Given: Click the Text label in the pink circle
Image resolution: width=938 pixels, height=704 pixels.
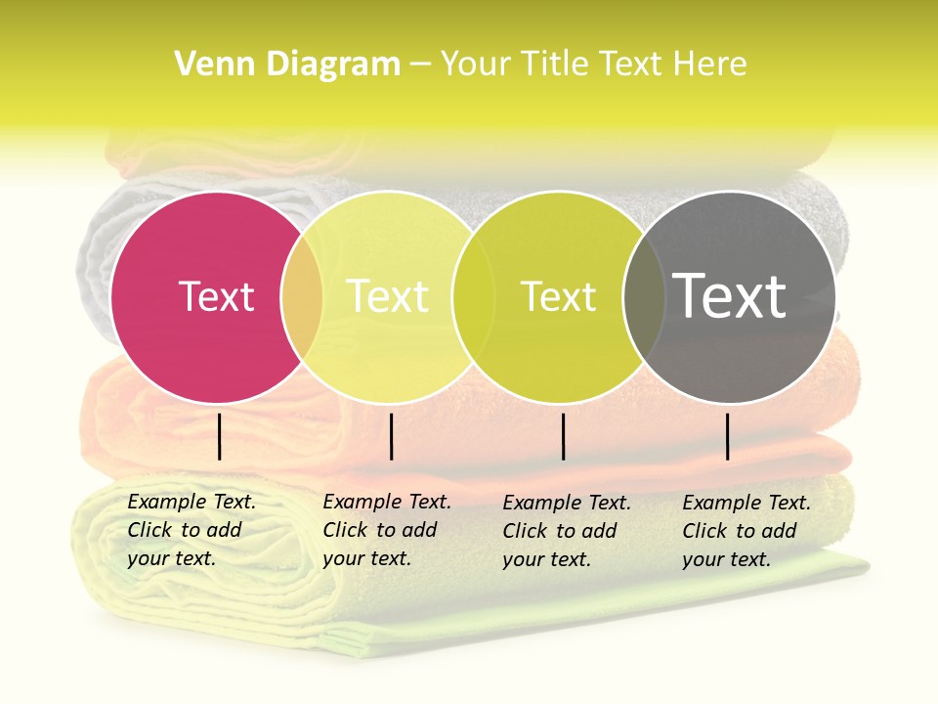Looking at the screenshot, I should point(216,296).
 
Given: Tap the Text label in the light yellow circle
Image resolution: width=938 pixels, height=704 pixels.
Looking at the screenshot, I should point(387,296).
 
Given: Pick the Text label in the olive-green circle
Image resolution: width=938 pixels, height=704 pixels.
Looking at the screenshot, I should point(558,296).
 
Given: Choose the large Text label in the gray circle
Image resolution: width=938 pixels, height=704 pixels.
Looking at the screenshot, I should point(730,296).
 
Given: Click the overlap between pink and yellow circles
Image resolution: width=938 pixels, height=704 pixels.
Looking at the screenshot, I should point(302,296).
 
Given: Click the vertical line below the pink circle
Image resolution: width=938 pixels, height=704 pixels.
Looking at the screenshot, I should point(220,436).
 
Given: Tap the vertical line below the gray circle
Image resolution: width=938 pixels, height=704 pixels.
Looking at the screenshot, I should point(728,436).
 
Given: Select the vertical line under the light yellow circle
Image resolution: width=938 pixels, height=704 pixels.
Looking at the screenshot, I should point(391,436).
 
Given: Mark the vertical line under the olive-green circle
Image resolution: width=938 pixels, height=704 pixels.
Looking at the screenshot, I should point(564,436).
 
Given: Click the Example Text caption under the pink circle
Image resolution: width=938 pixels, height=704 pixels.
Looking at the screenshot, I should point(191,530).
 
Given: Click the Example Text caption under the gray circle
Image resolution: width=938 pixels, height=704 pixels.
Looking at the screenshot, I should point(746,531).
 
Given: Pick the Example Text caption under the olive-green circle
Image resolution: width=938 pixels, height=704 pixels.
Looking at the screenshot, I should point(566,531).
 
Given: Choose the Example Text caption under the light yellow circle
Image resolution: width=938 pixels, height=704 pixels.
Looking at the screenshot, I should point(386,530).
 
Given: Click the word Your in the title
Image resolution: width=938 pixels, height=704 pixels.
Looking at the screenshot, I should point(475,65).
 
